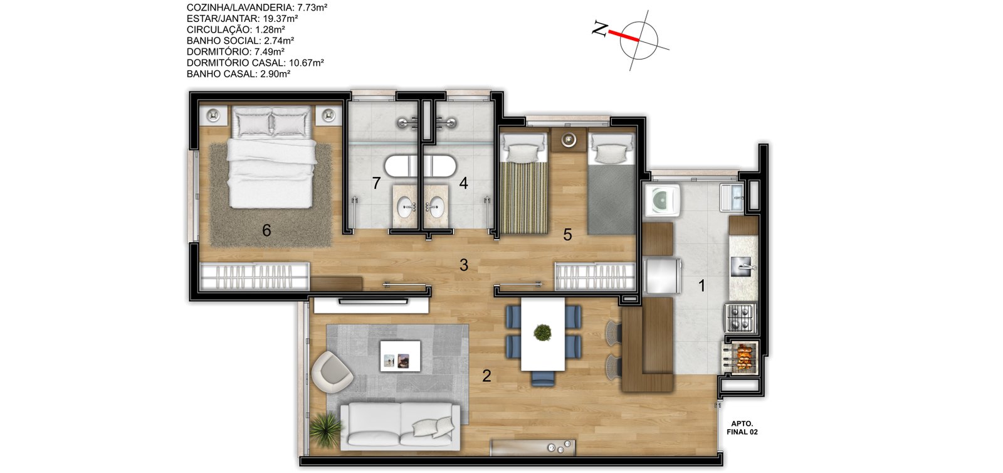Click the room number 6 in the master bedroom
[266, 230]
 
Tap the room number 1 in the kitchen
[701, 285]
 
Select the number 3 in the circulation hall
[464, 265]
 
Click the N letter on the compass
[599, 29]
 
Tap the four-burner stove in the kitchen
[740, 317]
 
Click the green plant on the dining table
[542, 333]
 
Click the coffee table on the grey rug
[401, 356]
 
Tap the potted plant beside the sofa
[325, 429]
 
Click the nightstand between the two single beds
[568, 139]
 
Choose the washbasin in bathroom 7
[406, 207]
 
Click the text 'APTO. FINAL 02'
[742, 428]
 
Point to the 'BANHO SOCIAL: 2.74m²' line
[241, 40]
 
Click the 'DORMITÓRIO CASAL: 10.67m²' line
[255, 63]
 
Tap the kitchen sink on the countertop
[743, 267]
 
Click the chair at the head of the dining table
[543, 378]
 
